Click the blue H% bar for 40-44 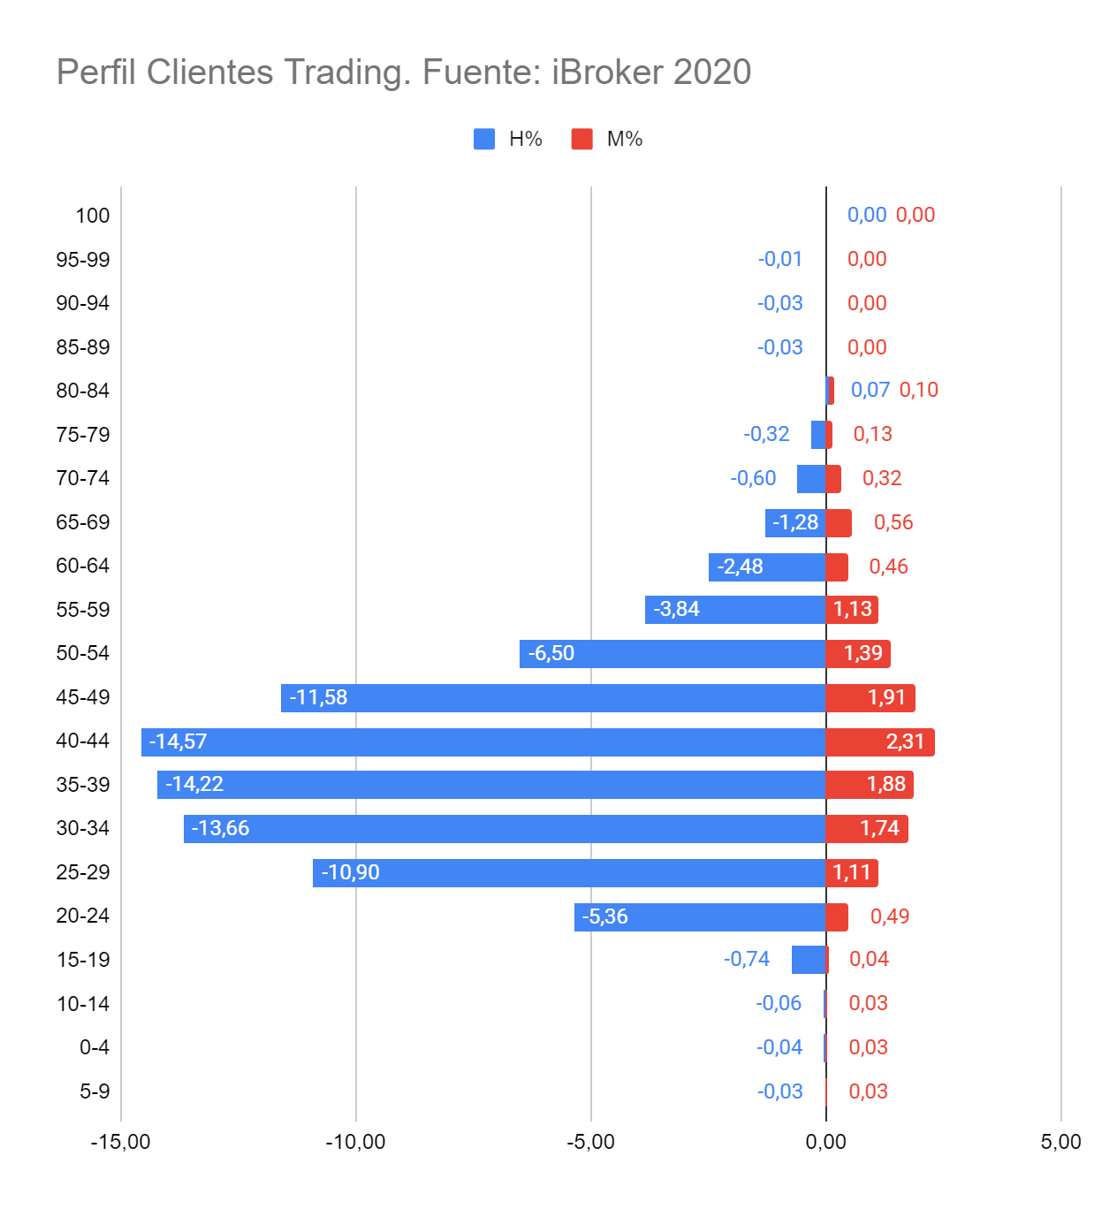[483, 741]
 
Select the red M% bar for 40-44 [879, 741]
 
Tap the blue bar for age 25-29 [569, 872]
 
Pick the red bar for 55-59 [852, 609]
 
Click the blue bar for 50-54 [672, 653]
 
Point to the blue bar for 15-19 [809, 959]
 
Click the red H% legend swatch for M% [581, 139]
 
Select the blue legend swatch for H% [484, 139]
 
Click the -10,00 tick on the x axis [355, 1141]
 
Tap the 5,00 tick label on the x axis [1060, 1141]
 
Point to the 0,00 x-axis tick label [825, 1141]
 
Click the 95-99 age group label [83, 259]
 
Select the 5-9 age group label [95, 1091]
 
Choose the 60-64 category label [83, 566]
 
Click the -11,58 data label [318, 697]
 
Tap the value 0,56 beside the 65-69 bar [893, 522]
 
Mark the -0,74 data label [747, 959]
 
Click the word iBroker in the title [607, 72]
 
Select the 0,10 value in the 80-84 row [919, 390]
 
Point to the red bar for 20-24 [837, 916]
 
